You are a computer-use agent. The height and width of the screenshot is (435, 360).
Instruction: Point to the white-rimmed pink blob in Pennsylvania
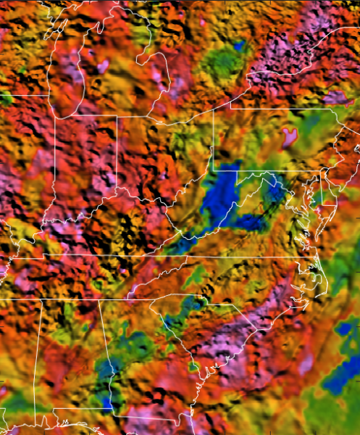tap(290, 136)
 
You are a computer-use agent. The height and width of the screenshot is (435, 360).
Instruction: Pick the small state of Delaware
tap(325, 190)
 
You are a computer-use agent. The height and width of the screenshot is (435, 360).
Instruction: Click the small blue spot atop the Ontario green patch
tap(238, 46)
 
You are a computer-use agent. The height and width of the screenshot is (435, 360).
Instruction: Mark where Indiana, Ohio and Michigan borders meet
tap(117, 115)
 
